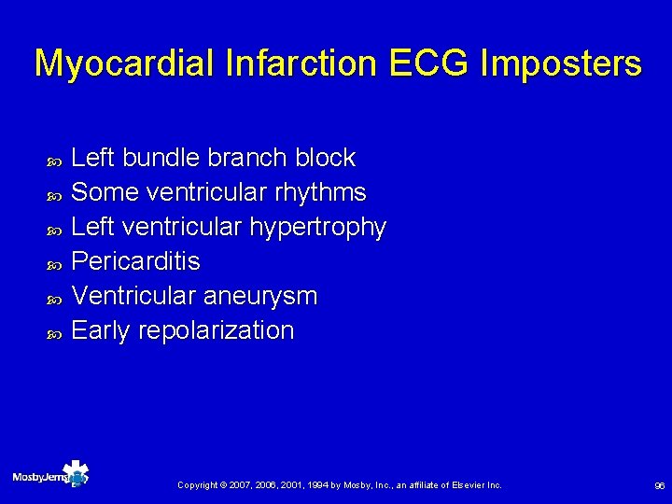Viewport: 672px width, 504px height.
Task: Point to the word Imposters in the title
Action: [562, 63]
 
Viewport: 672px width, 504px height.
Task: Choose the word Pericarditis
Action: [135, 262]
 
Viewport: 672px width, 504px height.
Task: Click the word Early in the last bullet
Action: [101, 331]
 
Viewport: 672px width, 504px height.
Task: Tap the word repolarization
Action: [216, 331]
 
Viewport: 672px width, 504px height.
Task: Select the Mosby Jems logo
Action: [50, 475]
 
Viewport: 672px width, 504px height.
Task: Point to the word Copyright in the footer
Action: [198, 485]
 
